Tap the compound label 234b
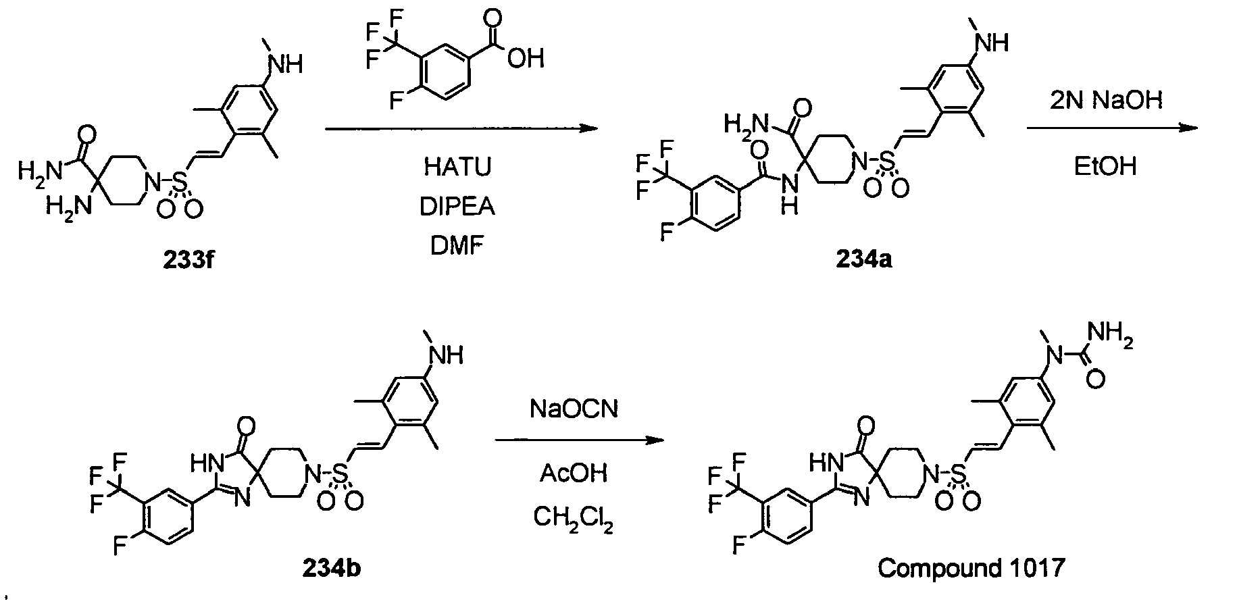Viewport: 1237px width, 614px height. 331,568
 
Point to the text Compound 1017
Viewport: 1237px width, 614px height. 971,568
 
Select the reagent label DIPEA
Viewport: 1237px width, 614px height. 458,207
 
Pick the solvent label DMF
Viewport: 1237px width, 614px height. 458,246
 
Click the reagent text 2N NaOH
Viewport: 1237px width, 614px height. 1106,100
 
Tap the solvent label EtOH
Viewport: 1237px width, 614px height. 1106,166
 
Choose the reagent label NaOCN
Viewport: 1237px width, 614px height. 574,409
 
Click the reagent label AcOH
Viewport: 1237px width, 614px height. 574,474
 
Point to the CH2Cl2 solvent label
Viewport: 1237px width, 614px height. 574,519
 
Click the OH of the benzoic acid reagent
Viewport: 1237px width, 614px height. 526,59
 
